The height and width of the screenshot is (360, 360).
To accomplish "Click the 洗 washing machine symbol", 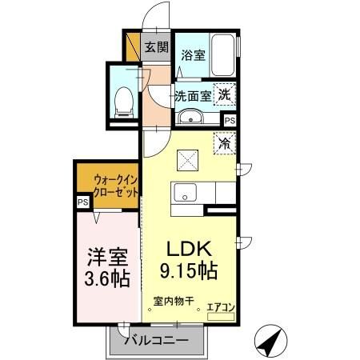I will pyautogui.click(x=226, y=93).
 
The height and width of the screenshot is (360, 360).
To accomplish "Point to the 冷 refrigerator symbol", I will pyautogui.click(x=226, y=145).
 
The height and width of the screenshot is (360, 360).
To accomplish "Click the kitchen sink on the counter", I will pyautogui.click(x=185, y=193).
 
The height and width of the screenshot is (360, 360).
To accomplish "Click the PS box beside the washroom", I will pyautogui.click(x=230, y=120).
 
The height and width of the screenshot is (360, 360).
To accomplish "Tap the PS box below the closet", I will pyautogui.click(x=82, y=203).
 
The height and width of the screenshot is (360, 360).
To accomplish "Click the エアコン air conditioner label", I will pyautogui.click(x=221, y=305).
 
